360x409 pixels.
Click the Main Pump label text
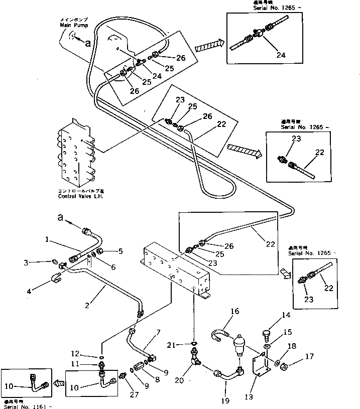point(71,24)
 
